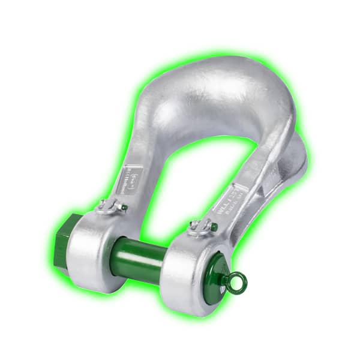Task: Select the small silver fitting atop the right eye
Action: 201,227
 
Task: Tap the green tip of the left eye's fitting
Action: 123,207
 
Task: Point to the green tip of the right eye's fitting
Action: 212,227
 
